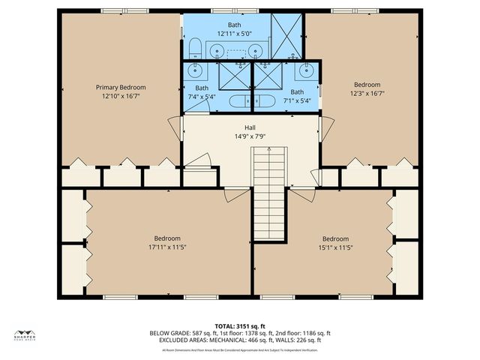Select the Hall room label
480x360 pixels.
240,127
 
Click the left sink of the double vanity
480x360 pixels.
216,51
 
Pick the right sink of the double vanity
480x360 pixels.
256,51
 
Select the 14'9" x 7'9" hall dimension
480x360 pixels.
240,137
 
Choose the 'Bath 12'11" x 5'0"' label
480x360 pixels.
234,29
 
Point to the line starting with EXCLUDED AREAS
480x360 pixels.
240,341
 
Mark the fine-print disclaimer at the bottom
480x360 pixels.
240,350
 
